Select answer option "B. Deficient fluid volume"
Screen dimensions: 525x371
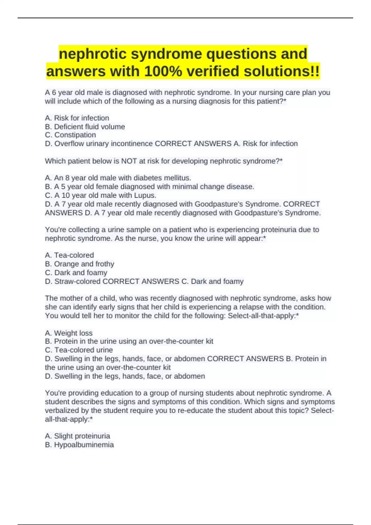click(x=85, y=127)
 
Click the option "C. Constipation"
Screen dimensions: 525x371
click(x=70, y=135)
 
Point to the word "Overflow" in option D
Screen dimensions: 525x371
click(x=68, y=144)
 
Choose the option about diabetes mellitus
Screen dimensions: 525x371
click(x=118, y=178)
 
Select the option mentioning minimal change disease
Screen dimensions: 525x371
click(x=150, y=187)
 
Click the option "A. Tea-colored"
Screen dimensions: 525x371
click(x=69, y=255)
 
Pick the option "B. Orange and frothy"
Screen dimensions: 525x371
click(x=79, y=264)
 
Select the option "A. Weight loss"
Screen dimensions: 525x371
click(x=69, y=333)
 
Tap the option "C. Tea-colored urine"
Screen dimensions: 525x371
click(x=79, y=350)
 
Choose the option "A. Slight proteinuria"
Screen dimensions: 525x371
click(x=78, y=436)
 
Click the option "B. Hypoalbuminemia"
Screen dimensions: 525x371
click(x=79, y=445)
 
